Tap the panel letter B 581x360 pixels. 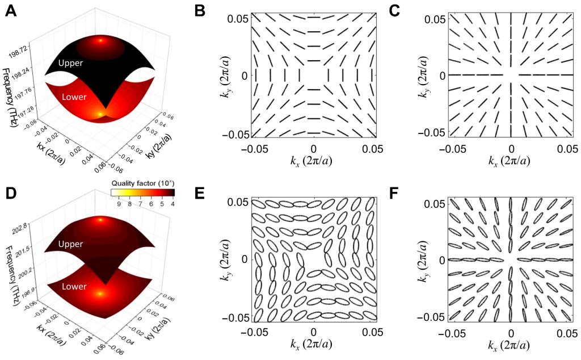point(200,10)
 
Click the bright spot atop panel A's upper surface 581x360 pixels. point(101,40)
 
